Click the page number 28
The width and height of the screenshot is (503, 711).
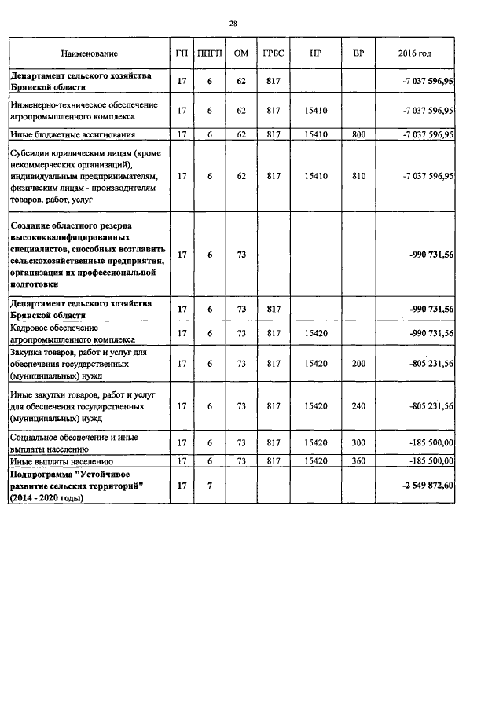click(x=233, y=23)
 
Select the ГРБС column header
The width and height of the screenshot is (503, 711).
click(x=274, y=53)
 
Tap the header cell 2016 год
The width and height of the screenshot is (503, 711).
click(x=414, y=53)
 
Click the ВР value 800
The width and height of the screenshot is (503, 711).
click(x=359, y=134)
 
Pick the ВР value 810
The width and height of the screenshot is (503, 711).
click(x=359, y=177)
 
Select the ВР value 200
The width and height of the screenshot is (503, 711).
click(x=359, y=364)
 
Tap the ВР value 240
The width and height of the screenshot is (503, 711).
click(x=359, y=406)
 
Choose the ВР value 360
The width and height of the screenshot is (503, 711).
click(x=359, y=461)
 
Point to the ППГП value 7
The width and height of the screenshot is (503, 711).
click(x=210, y=487)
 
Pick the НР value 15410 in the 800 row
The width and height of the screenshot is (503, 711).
click(x=314, y=134)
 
